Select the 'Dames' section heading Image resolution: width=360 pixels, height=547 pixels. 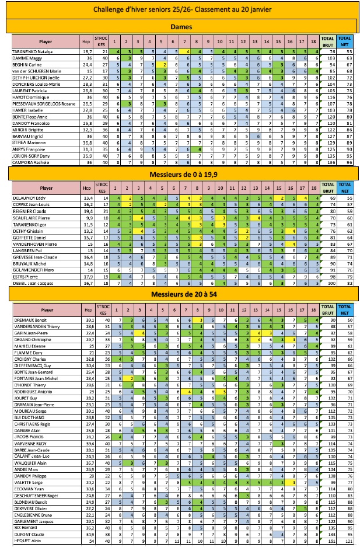point(183,26)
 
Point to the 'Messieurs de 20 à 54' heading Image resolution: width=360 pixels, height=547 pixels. point(183,292)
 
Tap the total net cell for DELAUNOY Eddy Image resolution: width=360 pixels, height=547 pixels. point(346,198)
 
